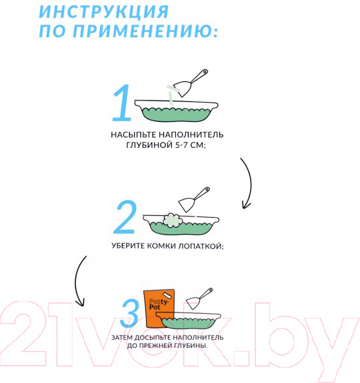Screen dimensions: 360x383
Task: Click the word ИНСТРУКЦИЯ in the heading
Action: click(104, 11)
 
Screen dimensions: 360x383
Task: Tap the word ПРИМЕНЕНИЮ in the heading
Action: click(142, 31)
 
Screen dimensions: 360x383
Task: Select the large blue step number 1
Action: click(122, 103)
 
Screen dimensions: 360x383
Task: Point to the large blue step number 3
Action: click(130, 314)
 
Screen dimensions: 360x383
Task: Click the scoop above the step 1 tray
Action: click(191, 83)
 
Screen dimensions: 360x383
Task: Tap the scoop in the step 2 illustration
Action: click(194, 200)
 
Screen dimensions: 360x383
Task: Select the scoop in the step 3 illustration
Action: click(199, 298)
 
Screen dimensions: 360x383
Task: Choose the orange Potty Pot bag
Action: click(159, 309)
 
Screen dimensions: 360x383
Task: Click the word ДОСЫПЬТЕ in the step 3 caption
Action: click(153, 338)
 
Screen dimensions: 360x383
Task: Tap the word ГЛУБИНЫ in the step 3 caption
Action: click(190, 346)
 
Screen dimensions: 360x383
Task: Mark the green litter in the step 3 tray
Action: click(189, 323)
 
